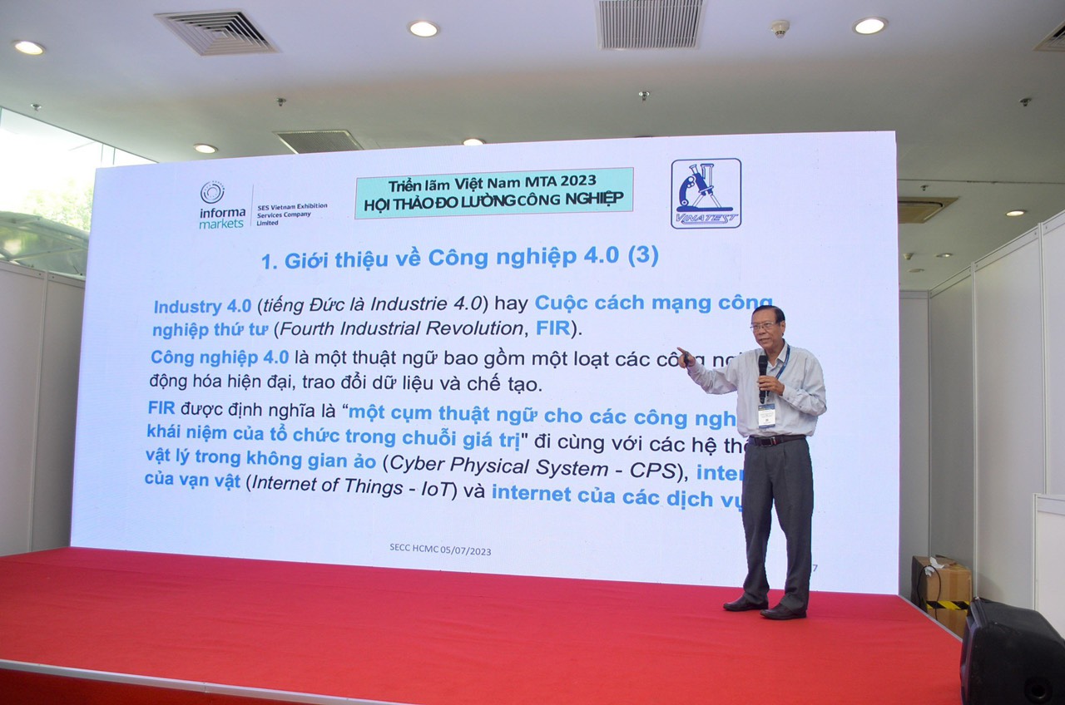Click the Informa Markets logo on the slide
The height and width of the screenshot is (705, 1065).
click(222, 205)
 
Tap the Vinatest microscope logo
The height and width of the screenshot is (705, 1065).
click(706, 193)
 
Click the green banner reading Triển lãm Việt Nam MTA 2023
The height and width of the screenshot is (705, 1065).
click(493, 192)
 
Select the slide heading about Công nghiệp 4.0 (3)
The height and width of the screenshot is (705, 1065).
click(459, 258)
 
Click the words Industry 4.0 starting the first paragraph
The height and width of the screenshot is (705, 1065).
click(202, 305)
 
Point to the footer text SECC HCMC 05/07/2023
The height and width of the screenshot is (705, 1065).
click(439, 550)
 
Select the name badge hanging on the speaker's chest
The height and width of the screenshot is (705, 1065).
click(766, 413)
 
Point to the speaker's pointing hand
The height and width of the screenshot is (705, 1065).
click(685, 358)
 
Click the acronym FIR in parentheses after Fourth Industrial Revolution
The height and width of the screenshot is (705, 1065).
click(552, 328)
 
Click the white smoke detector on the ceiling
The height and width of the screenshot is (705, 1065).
click(779, 28)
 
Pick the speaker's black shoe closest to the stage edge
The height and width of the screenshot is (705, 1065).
click(782, 612)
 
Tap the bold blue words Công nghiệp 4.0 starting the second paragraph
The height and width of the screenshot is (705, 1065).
click(220, 357)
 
